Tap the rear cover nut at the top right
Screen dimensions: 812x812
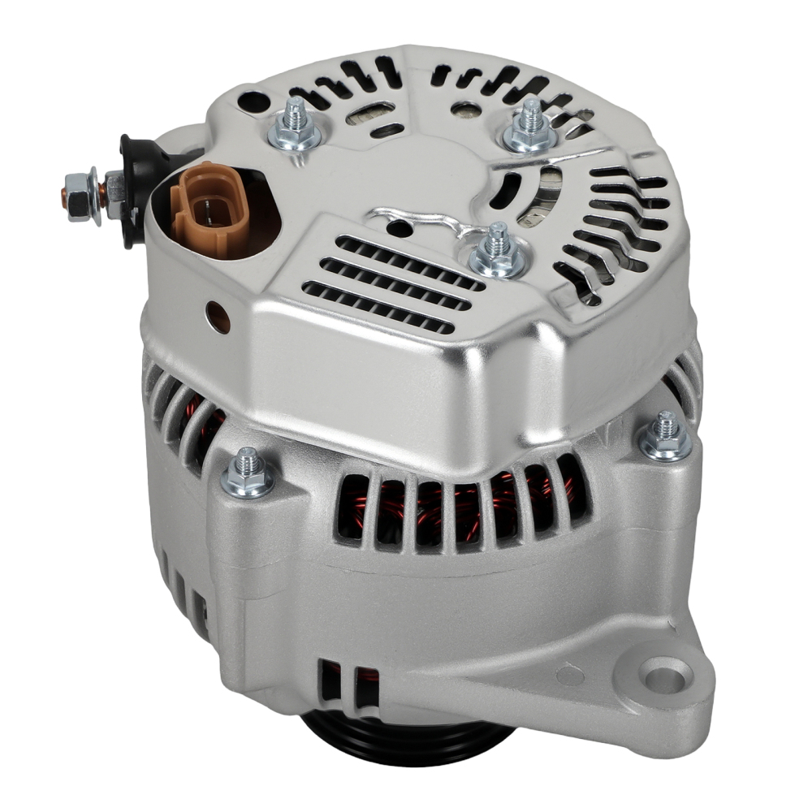[x=530, y=130]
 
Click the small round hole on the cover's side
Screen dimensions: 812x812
[x=218, y=317]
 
